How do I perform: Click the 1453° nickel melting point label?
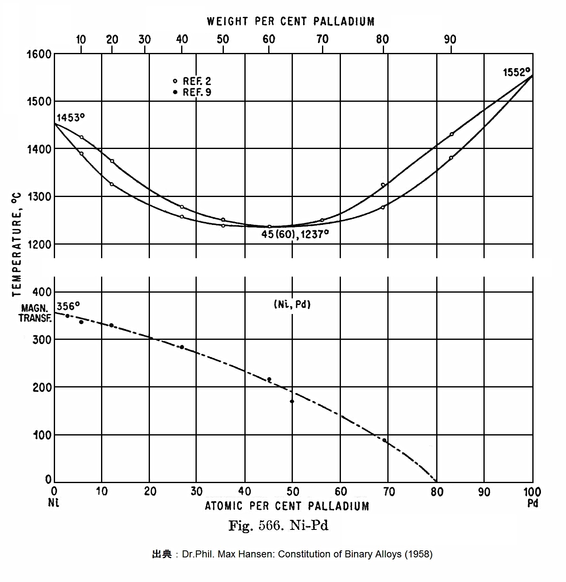point(70,118)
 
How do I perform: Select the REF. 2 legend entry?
point(193,81)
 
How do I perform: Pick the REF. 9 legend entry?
point(193,92)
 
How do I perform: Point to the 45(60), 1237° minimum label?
point(295,234)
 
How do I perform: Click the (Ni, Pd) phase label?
point(292,305)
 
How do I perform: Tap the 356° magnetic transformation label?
point(68,306)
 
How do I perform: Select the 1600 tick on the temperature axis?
point(39,54)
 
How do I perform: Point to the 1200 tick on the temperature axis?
point(39,245)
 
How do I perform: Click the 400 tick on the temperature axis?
point(42,292)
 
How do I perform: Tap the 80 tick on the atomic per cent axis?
point(437,492)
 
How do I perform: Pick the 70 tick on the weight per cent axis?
point(322,39)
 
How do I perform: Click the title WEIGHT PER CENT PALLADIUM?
point(291,21)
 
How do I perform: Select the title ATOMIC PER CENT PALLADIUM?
point(287,506)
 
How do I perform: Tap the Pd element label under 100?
point(533,503)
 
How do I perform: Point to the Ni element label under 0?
point(54,503)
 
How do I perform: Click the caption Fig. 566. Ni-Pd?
point(278,526)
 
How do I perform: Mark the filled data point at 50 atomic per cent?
point(292,401)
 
